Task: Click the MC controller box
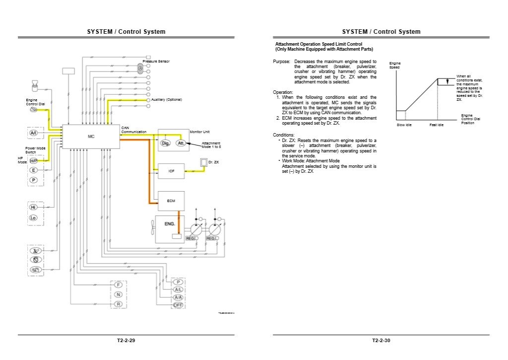click(91, 136)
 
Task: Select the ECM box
click(171, 200)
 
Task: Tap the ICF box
click(171, 171)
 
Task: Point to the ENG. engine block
click(170, 225)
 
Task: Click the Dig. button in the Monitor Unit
click(166, 143)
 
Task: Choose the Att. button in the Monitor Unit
click(181, 143)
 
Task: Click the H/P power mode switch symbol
click(34, 161)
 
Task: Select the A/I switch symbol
click(34, 133)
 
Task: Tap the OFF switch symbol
click(178, 305)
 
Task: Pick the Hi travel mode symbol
click(34, 207)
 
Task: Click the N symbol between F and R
click(119, 294)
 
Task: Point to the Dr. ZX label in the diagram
click(213, 162)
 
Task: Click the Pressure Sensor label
click(156, 61)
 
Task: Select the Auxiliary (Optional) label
click(167, 100)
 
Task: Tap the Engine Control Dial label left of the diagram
click(35, 102)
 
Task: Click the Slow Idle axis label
click(404, 125)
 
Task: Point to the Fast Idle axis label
click(437, 125)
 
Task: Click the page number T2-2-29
click(126, 341)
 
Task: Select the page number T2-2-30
click(381, 341)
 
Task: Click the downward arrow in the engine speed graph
click(447, 81)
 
